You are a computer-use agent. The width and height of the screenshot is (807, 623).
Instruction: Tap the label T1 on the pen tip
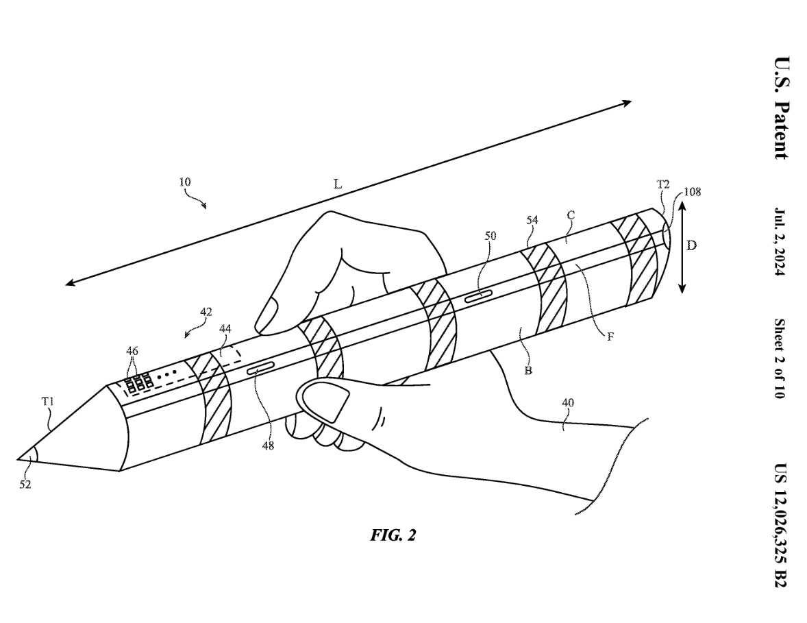pyautogui.click(x=47, y=402)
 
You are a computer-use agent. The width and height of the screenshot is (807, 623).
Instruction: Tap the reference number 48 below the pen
pyautogui.click(x=267, y=445)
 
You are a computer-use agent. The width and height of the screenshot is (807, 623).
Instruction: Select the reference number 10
pyautogui.click(x=185, y=182)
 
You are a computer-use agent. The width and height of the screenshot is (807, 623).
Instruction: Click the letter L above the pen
pyautogui.click(x=337, y=185)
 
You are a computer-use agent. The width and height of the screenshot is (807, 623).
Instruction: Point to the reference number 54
pyautogui.click(x=533, y=220)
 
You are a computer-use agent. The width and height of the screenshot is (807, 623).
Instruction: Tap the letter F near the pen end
pyautogui.click(x=609, y=337)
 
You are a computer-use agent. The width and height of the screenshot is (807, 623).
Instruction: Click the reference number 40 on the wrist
pyautogui.click(x=567, y=403)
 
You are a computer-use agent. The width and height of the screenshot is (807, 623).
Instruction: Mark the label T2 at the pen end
pyautogui.click(x=662, y=184)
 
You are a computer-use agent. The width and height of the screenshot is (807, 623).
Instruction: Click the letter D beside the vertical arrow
pyautogui.click(x=691, y=245)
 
